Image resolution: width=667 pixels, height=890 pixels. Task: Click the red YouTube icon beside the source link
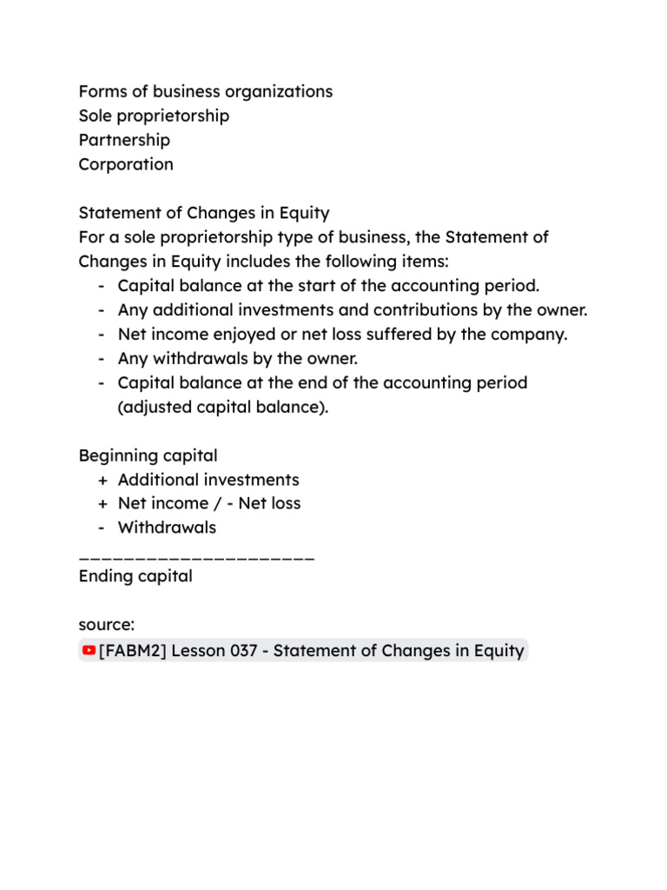point(89,650)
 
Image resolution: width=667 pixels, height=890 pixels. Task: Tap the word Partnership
point(124,140)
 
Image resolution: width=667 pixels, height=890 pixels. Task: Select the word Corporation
point(126,164)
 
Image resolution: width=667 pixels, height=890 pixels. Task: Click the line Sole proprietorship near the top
point(154,116)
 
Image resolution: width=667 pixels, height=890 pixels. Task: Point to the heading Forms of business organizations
point(205,91)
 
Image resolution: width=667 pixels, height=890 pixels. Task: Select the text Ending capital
point(135,576)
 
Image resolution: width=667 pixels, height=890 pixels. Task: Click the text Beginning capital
point(148,455)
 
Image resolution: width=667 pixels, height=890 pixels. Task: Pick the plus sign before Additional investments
point(103,480)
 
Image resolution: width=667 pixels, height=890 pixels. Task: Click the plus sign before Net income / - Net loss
point(103,503)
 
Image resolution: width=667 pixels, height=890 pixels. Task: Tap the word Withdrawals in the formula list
point(167,528)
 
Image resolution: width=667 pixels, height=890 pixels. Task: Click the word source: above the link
point(106,625)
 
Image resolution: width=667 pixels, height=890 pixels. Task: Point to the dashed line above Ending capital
point(196,554)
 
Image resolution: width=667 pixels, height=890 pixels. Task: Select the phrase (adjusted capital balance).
point(223,407)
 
